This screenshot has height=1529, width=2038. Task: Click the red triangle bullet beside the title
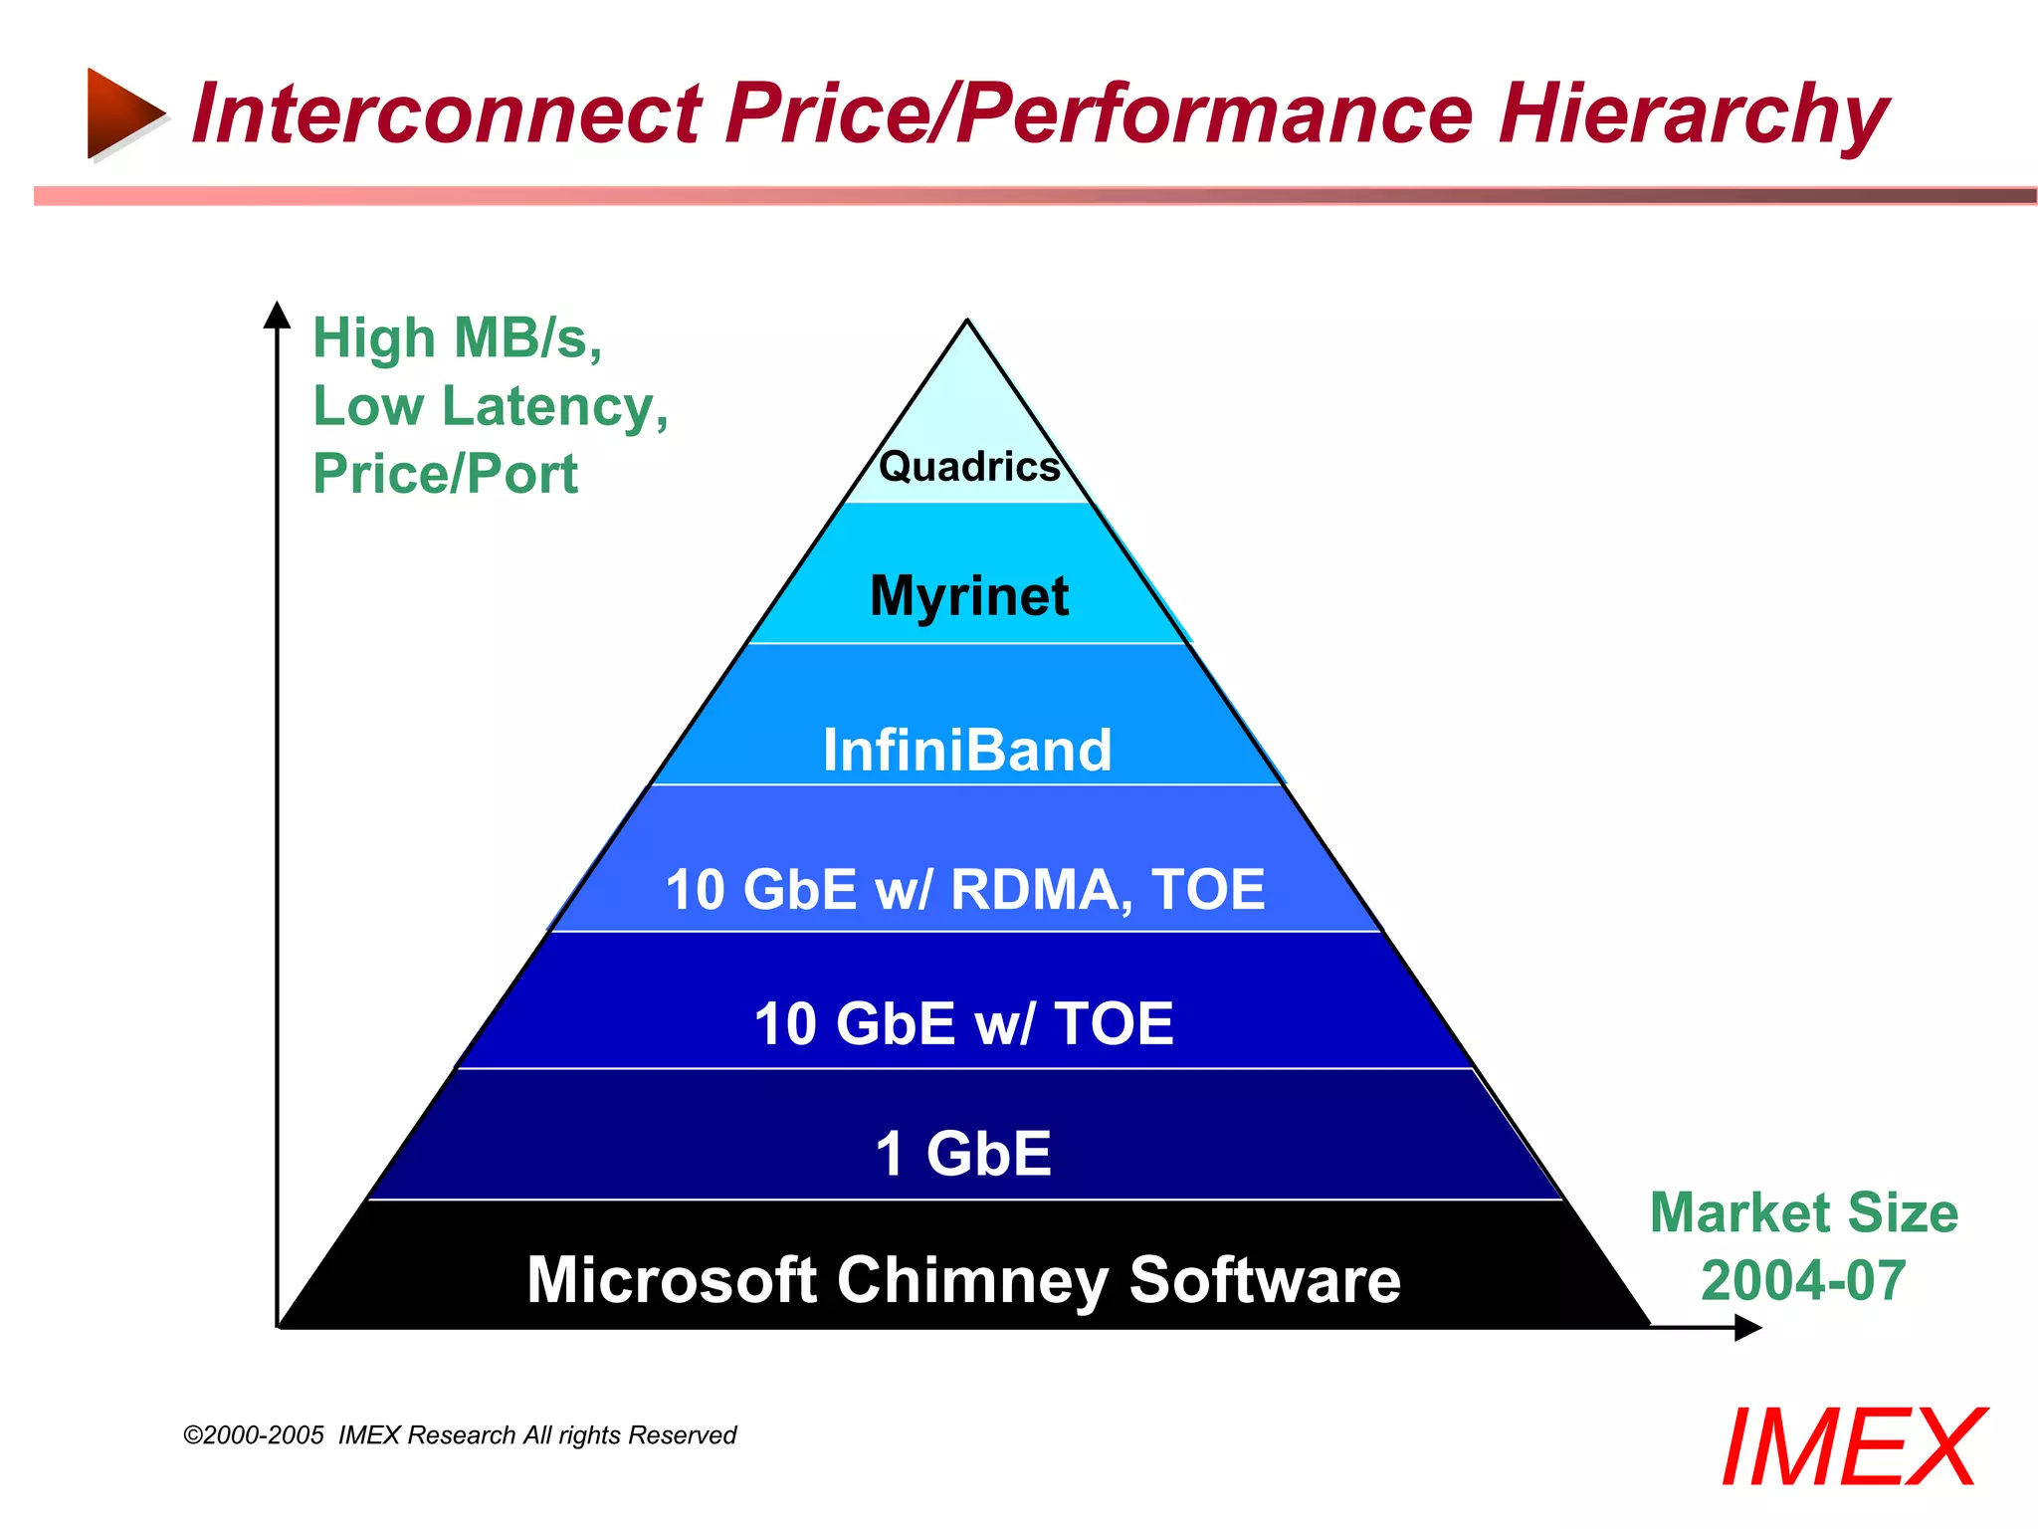(121, 112)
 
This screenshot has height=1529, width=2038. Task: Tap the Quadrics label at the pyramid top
(969, 466)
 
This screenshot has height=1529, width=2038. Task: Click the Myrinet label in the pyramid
(969, 595)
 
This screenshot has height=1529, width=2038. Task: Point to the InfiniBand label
(967, 750)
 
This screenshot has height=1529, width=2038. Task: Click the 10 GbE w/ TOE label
(963, 1023)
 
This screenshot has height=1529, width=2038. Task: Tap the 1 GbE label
(963, 1153)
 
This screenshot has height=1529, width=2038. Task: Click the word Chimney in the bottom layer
(972, 1280)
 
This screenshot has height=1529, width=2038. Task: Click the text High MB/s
(458, 338)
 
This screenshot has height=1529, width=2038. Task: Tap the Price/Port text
(445, 473)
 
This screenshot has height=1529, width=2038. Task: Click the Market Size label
(1803, 1212)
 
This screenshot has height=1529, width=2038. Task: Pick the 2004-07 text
(1803, 1280)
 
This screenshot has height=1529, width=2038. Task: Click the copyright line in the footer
(460, 1434)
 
